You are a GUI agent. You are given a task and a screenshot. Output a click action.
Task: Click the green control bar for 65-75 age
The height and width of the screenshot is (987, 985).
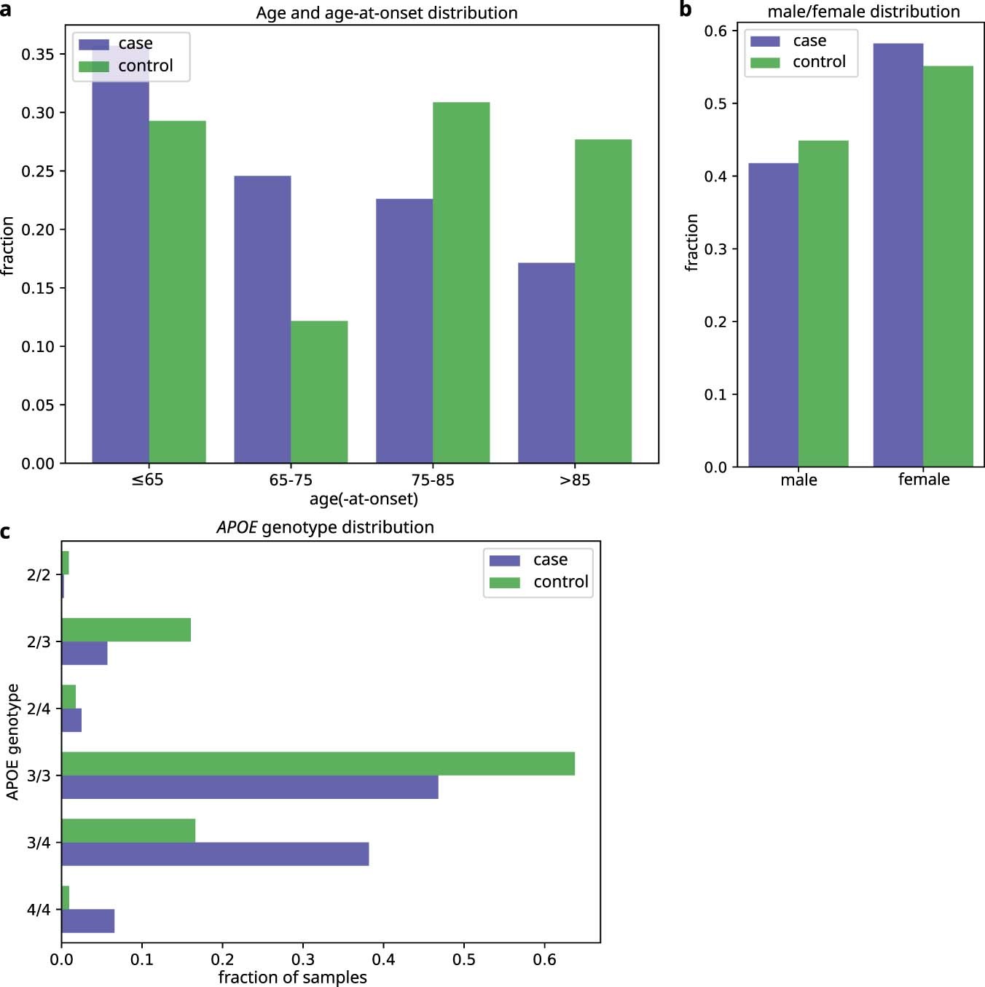(319, 392)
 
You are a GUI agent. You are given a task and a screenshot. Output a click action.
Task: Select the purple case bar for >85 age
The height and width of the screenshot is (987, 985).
(546, 363)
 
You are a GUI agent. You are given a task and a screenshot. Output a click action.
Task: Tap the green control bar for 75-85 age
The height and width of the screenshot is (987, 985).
(461, 283)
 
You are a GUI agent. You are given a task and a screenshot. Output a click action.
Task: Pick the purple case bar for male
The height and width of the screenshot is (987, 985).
(774, 315)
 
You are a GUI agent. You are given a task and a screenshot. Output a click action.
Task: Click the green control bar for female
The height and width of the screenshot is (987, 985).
(948, 267)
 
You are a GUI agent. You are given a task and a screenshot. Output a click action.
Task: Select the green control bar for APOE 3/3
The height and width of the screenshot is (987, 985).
(318, 764)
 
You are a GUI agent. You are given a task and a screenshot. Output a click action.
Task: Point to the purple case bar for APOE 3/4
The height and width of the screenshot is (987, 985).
(215, 854)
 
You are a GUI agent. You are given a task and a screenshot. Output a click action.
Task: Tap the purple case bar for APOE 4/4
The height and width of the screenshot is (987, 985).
(88, 921)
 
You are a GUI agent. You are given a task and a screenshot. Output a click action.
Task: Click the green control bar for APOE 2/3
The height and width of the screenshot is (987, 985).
(126, 630)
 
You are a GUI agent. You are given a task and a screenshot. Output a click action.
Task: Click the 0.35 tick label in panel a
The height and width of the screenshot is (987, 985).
(38, 55)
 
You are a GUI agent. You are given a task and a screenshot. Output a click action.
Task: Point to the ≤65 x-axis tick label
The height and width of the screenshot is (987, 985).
(148, 480)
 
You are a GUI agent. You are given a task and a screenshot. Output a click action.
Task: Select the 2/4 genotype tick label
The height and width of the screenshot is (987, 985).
(39, 709)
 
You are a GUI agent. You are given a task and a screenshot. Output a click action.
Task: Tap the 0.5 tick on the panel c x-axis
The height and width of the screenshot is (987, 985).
(464, 959)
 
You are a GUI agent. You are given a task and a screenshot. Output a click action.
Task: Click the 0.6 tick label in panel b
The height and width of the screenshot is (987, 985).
(715, 31)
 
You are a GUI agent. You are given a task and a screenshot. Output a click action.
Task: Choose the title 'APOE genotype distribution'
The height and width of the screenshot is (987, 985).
(325, 527)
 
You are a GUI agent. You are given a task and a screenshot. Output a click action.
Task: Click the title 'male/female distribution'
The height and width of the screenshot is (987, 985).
(863, 12)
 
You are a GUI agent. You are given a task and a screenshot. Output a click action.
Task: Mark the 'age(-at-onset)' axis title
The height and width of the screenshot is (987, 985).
(364, 499)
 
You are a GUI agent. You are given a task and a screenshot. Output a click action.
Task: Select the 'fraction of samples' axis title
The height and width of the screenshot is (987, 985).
(293, 978)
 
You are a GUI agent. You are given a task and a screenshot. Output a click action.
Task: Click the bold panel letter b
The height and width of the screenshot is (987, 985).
(685, 9)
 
